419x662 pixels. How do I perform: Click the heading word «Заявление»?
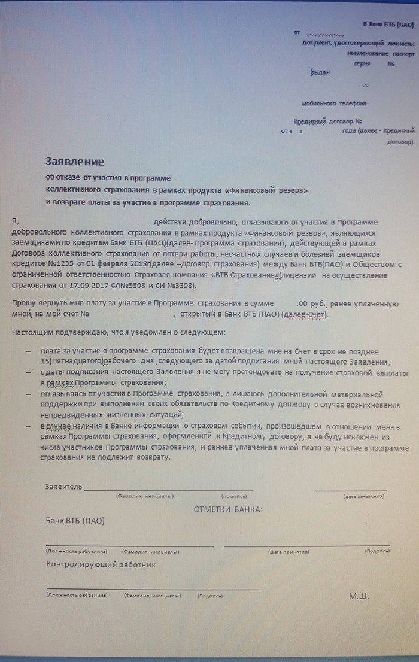click(x=75, y=162)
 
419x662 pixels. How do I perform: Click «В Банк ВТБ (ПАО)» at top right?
click(x=388, y=23)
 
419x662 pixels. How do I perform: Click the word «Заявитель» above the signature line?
click(x=64, y=487)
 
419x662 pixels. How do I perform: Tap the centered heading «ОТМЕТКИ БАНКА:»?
click(x=227, y=509)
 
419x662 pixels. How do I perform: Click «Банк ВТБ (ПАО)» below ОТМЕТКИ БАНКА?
click(x=75, y=521)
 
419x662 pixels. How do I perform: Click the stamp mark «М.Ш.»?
click(x=359, y=596)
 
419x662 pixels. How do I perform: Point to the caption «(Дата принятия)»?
click(x=289, y=551)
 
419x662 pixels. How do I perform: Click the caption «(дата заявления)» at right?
click(x=363, y=497)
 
